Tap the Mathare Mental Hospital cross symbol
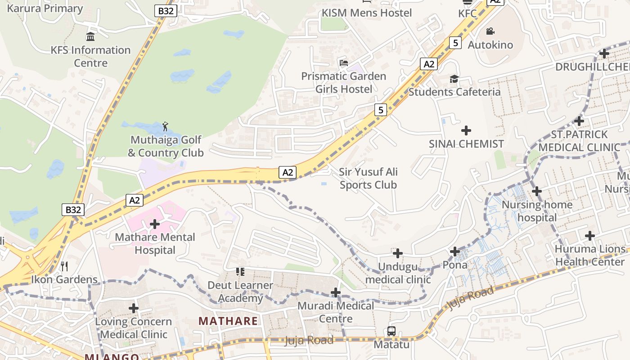[155, 224]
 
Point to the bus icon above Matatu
[391, 331]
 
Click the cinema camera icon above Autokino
[490, 31]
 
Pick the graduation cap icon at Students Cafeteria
[454, 79]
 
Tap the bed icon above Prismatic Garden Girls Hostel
[344, 63]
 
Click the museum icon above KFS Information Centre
[90, 36]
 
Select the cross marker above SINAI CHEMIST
[466, 130]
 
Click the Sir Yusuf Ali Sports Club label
[368, 178]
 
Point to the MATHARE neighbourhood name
[228, 321]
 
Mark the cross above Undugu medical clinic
[398, 253]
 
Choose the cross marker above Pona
[455, 251]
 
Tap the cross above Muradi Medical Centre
[336, 292]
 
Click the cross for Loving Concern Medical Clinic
[134, 308]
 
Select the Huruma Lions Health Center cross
[589, 235]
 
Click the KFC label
[467, 13]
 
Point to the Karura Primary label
[45, 8]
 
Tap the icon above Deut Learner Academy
[240, 271]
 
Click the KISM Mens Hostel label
[366, 13]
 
